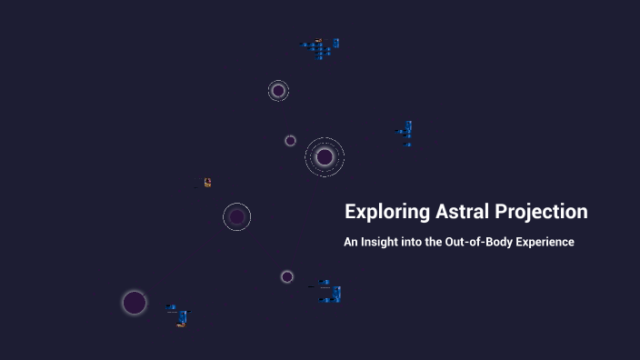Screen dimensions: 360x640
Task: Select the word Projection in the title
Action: tap(542, 213)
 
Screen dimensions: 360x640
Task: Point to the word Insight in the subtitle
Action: tap(382, 243)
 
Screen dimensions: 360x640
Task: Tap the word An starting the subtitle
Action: tap(350, 243)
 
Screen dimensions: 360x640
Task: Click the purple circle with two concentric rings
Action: tap(325, 157)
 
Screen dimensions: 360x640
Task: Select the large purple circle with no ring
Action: tap(135, 303)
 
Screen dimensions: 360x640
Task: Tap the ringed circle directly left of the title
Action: tap(237, 216)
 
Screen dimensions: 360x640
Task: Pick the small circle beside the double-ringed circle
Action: tap(290, 141)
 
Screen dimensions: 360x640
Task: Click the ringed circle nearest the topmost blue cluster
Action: tap(278, 91)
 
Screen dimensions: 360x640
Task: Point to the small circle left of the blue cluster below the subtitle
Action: tap(287, 276)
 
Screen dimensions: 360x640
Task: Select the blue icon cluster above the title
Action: tap(406, 133)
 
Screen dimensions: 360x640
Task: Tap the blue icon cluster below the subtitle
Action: tap(328, 292)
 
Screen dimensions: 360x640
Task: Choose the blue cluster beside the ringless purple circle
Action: tap(179, 315)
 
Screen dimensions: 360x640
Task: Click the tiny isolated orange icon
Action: tap(207, 183)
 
